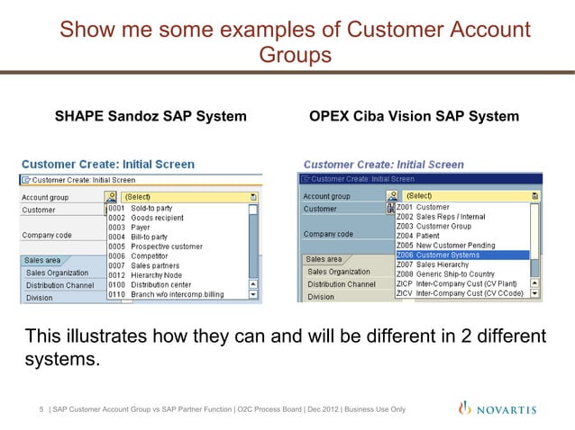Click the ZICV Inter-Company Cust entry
point(459,292)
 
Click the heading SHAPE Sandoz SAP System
point(151,117)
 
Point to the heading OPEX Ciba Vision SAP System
point(414,117)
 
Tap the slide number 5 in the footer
point(41,411)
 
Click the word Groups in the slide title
point(295,56)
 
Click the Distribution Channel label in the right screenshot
point(341,284)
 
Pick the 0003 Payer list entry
point(134,228)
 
